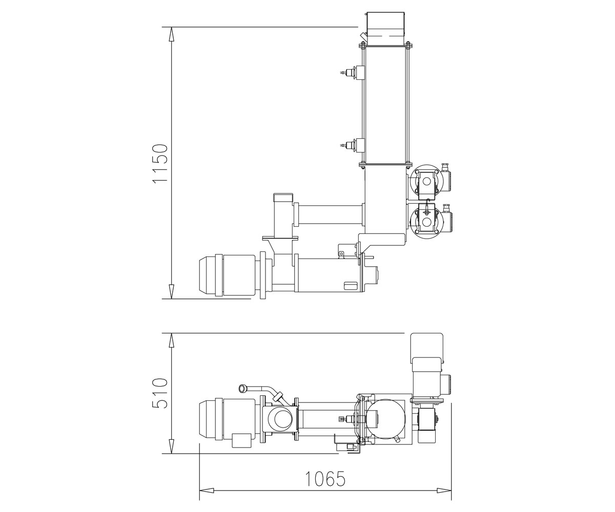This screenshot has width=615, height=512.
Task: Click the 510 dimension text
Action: [x=160, y=393]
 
